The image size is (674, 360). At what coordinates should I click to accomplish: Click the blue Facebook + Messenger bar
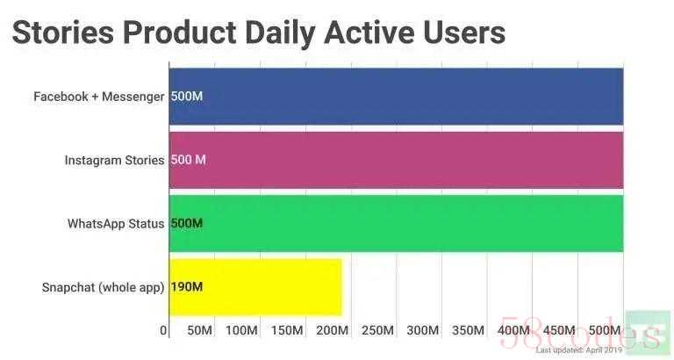click(395, 96)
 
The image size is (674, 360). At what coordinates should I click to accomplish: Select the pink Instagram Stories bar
click(395, 160)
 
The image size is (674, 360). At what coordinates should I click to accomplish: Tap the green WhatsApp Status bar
click(395, 223)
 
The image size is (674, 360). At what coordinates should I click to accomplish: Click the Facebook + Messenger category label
click(98, 96)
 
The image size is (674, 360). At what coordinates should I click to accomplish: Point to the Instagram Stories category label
click(114, 160)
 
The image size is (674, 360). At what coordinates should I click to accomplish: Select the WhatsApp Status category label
click(116, 223)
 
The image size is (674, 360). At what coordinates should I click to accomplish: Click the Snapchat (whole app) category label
click(103, 287)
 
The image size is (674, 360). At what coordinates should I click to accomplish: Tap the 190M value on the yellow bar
click(186, 287)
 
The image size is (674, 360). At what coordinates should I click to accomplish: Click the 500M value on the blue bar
click(186, 96)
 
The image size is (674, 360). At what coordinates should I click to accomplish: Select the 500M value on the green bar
click(186, 223)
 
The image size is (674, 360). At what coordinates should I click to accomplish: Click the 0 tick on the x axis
click(164, 330)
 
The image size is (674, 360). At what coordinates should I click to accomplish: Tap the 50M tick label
click(199, 330)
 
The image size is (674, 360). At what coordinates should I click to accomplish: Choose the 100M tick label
click(241, 330)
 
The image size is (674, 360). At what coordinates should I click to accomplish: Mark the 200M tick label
click(332, 330)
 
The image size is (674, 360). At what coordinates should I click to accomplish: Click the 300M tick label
click(422, 330)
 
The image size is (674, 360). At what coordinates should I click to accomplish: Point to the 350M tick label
click(467, 330)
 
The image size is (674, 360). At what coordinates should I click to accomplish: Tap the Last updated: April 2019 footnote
click(579, 349)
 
